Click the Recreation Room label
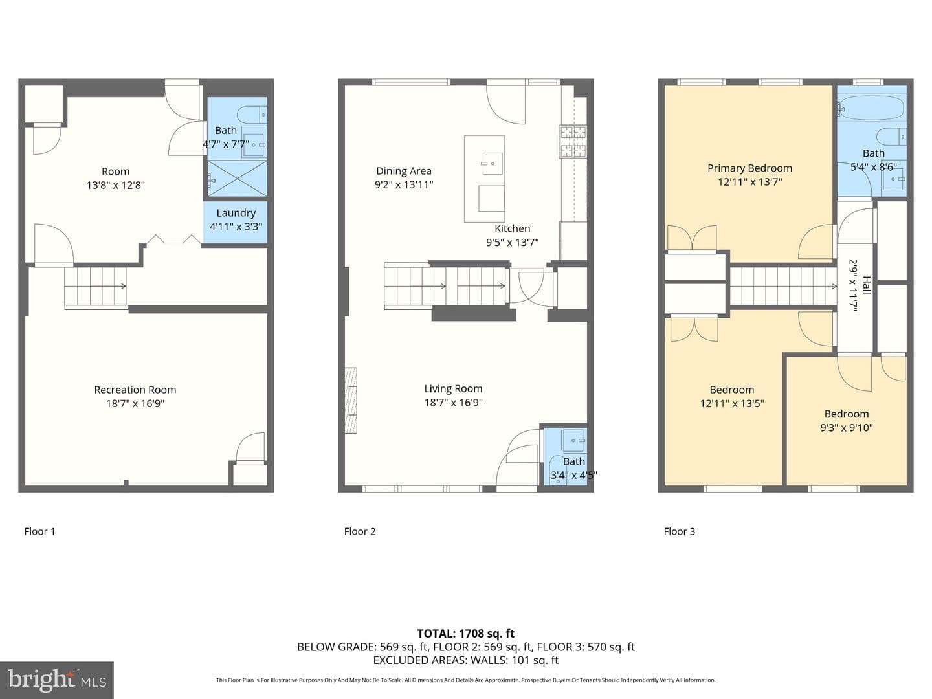(x=135, y=390)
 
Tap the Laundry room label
(x=236, y=213)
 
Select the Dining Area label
(x=404, y=171)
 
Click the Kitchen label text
(x=512, y=228)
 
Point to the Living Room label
(x=454, y=389)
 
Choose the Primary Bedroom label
(x=750, y=168)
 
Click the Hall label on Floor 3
(x=867, y=285)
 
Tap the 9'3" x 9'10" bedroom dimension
(x=846, y=427)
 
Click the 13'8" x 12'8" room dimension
(x=115, y=185)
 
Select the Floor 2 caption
(x=360, y=531)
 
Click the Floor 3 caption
(x=680, y=531)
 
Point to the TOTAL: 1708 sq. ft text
(x=466, y=634)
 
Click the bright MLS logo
(x=57, y=680)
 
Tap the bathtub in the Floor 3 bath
(x=871, y=109)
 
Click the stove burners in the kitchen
(x=573, y=141)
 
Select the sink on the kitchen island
(x=492, y=163)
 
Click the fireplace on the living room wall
(x=351, y=400)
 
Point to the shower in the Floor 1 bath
(x=237, y=179)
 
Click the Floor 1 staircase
(x=96, y=286)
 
